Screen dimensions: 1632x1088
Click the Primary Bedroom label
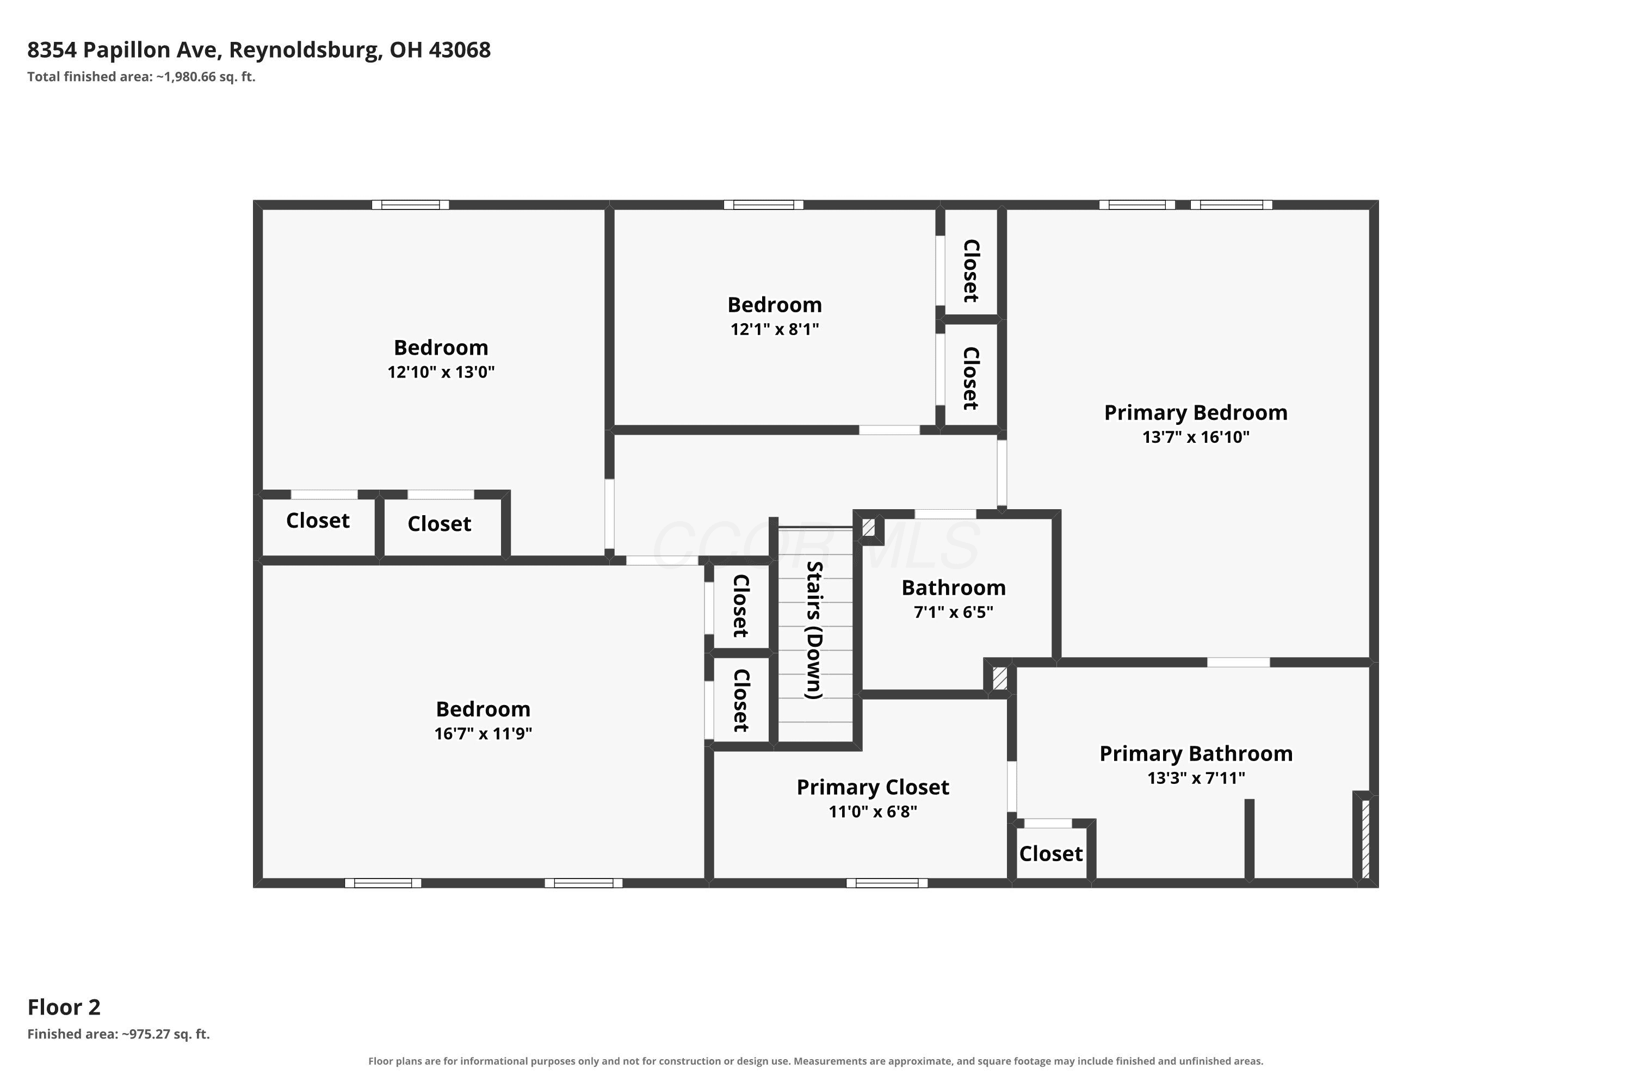(x=1196, y=412)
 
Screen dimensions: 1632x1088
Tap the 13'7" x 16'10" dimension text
(x=1196, y=437)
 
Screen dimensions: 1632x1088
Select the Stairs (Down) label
(x=814, y=630)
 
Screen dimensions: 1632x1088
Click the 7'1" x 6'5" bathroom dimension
(x=954, y=612)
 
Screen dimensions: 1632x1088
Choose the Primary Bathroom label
(x=1196, y=753)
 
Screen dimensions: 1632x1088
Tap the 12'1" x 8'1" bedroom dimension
(x=774, y=329)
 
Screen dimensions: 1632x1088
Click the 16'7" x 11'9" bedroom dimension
(x=483, y=733)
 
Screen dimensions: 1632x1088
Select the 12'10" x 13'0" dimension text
(x=441, y=372)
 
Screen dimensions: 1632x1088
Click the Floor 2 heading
(x=64, y=1007)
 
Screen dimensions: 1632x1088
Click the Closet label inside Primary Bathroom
(x=1050, y=854)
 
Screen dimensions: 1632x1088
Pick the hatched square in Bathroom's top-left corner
(x=868, y=527)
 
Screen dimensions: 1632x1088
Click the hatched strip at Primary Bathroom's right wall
(x=1365, y=839)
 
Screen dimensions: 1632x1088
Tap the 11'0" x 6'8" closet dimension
(x=873, y=812)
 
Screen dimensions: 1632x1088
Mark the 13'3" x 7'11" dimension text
(x=1196, y=778)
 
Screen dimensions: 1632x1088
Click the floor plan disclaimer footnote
(x=816, y=1061)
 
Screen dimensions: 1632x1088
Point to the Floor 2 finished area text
(x=119, y=1035)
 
